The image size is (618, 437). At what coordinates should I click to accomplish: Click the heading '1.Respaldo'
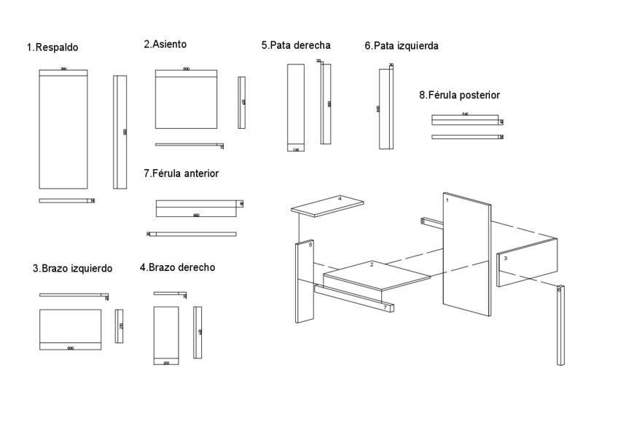tap(52, 48)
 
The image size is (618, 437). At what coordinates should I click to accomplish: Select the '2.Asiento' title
tap(165, 44)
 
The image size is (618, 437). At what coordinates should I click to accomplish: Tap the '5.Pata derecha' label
tap(296, 45)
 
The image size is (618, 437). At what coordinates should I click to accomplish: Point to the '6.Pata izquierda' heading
tap(402, 46)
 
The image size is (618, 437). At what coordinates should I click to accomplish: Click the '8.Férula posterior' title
tap(459, 95)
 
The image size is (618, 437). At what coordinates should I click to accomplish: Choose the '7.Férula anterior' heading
tap(181, 174)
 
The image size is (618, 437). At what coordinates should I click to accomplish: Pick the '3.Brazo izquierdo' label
tap(72, 269)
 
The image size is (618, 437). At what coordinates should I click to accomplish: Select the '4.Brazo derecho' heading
tap(177, 268)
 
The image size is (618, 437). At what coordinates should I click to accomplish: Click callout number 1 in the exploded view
tap(447, 200)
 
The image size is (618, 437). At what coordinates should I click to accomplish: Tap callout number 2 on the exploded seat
tap(372, 264)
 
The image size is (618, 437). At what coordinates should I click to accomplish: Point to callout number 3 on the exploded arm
tap(505, 259)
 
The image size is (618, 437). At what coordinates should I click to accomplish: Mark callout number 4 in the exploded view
tap(340, 198)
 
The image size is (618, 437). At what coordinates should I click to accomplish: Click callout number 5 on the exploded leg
tap(310, 245)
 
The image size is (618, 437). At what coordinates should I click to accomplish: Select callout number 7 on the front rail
tap(385, 307)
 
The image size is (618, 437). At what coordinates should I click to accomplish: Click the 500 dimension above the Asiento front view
tap(186, 68)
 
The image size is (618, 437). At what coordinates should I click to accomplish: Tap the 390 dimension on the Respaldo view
tap(63, 69)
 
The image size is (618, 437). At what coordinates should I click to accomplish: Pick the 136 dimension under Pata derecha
tap(295, 149)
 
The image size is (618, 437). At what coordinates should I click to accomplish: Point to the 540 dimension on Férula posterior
tap(465, 114)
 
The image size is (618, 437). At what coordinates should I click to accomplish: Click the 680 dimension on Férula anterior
tap(196, 215)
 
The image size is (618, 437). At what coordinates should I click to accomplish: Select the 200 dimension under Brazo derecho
tap(166, 362)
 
